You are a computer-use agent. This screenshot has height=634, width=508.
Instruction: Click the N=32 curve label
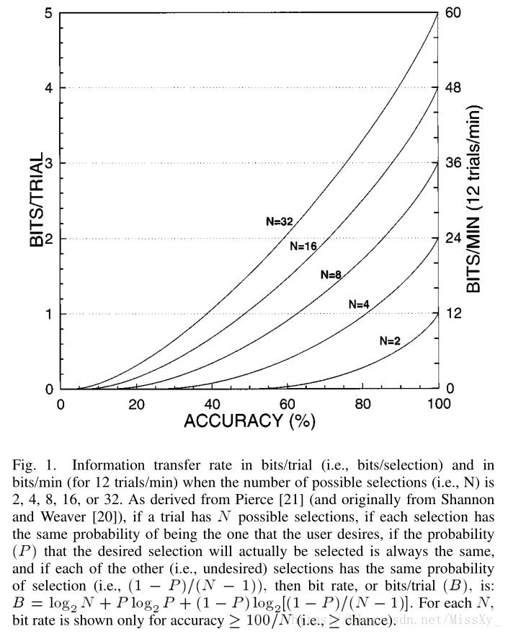point(279,221)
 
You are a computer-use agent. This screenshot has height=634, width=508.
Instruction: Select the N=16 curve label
point(303,246)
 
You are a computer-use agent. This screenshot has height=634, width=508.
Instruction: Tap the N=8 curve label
point(330,275)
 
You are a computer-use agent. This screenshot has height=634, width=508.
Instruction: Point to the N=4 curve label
point(359,304)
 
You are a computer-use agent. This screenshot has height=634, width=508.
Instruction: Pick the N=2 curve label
point(389,341)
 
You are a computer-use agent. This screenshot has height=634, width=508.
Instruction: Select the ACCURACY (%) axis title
point(249,421)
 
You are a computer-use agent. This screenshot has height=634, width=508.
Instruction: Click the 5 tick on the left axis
point(48,13)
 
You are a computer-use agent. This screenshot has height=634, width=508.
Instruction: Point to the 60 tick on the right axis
point(453,13)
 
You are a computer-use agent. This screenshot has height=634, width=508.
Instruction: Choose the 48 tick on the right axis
point(453,88)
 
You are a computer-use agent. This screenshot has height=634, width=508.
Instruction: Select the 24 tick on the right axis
point(453,238)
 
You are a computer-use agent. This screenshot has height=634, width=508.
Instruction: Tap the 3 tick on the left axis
point(48,163)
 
